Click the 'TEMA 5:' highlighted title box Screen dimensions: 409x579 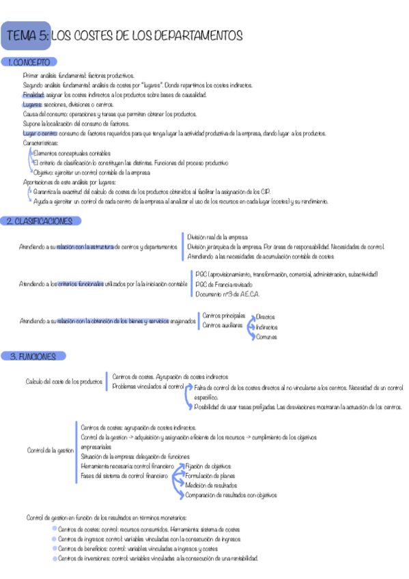click(26, 35)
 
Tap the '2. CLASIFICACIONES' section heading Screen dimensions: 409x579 click(42, 221)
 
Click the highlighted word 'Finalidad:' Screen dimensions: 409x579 click(33, 95)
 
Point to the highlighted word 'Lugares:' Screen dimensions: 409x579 click(31, 104)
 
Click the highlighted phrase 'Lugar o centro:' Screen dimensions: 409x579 click(38, 134)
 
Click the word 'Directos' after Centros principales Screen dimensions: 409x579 click(266, 317)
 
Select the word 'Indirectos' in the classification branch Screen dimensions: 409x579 click(268, 327)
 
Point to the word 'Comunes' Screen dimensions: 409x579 click(266, 337)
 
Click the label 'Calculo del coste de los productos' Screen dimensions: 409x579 click(64, 381)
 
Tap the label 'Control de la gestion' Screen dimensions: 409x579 click(50, 450)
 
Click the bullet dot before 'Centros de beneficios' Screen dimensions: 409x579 click(55, 548)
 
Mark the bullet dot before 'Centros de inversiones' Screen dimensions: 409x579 click(55, 557)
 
